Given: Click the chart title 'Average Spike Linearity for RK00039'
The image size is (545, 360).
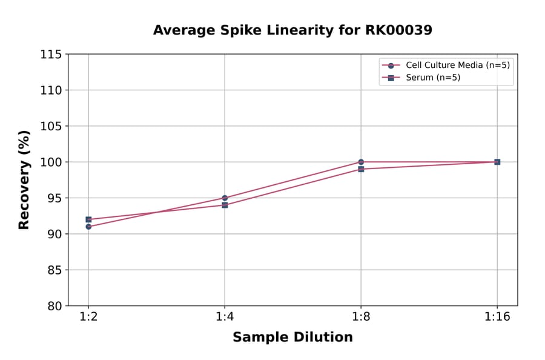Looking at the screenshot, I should coord(292,30).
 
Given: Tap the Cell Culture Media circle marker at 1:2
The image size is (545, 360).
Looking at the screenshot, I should coord(88,227).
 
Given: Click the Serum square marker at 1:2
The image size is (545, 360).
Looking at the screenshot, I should coord(88,219).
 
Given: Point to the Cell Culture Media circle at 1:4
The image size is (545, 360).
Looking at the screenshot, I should coord(225,198).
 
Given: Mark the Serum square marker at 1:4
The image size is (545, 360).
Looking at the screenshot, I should coord(225,205).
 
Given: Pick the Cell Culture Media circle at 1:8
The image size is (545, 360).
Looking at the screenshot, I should coord(361,162).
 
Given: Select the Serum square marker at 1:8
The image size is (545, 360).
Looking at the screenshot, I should coord(361,169).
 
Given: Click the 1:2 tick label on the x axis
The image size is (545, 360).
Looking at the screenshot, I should coord(88,318).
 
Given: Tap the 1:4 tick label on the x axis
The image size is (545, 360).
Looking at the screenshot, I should coord(225,318).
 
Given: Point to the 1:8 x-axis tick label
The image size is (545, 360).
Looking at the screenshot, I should coord(361,318).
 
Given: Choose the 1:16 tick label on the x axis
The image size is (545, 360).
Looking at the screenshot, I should coord(497,318).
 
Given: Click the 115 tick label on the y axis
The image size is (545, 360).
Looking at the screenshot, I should coord(50,55).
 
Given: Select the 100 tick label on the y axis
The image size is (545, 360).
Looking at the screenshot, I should coord(50,162).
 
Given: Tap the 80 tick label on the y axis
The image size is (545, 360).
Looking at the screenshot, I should coord(53,306).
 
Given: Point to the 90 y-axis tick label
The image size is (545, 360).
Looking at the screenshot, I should coord(53,234).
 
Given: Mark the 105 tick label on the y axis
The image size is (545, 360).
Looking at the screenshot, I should coord(50,126).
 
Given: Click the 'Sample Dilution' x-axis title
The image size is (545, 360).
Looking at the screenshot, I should coord(292,338).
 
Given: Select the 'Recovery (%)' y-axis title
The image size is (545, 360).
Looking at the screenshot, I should coord(24,180).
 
